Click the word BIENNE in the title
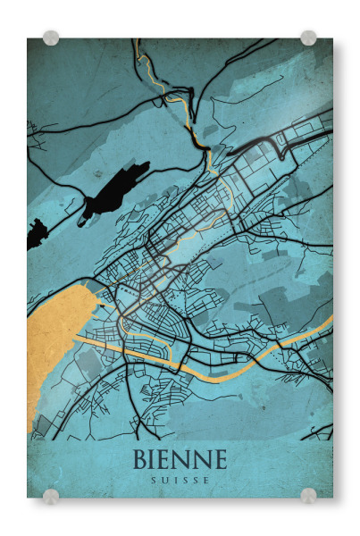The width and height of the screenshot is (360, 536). [x=180, y=459]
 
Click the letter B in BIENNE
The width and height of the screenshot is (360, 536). [x=142, y=459]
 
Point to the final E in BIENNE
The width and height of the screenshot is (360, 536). [x=219, y=459]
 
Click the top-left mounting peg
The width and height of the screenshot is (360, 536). [x=51, y=38]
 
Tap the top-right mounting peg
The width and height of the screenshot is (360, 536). [x=308, y=38]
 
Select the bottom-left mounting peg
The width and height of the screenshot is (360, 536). [x=51, y=496]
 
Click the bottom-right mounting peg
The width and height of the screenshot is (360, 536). [x=308, y=496]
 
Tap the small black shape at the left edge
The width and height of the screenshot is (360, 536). [x=35, y=235]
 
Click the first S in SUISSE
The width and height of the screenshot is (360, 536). [x=153, y=480]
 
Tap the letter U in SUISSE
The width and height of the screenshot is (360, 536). [x=164, y=480]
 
